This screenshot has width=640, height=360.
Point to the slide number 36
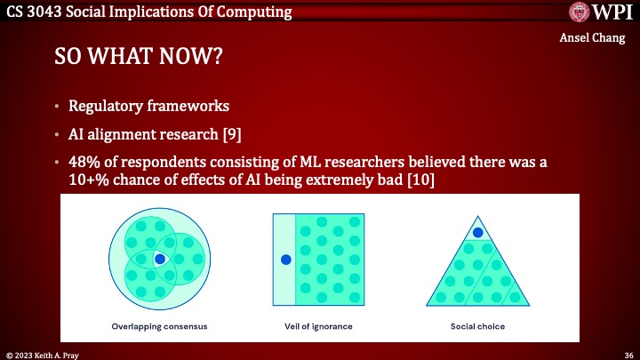point(628,353)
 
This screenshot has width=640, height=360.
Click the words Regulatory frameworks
point(148,107)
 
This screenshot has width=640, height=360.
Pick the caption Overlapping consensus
point(159,326)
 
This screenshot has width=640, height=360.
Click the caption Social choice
point(477,326)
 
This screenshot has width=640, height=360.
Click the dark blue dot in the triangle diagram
point(477,233)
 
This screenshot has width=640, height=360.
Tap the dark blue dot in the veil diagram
point(285,260)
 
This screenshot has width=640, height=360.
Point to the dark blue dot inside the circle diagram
point(158,260)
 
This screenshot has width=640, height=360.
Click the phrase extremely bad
point(352,180)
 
